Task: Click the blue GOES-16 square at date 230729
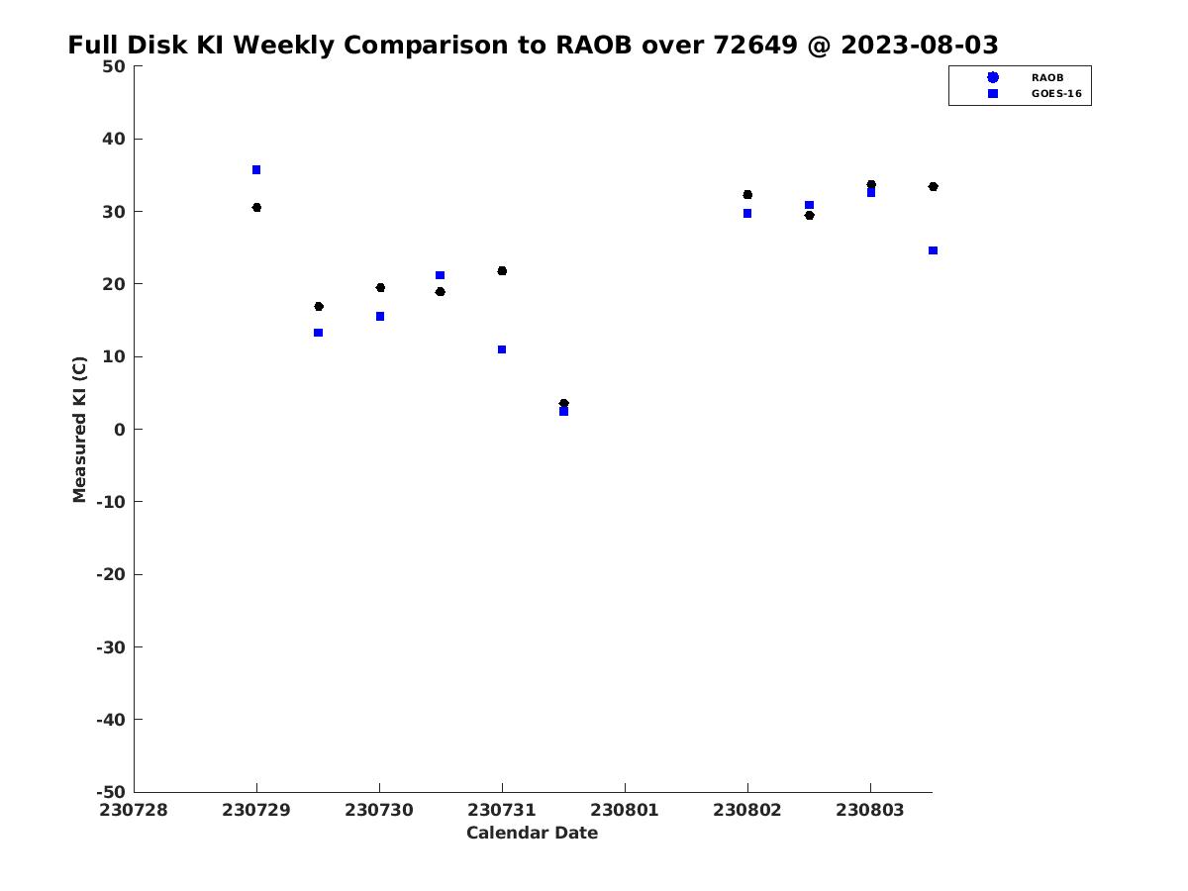[256, 170]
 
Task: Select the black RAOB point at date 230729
[256, 208]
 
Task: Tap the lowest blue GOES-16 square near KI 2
[563, 411]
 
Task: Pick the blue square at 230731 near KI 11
[502, 349]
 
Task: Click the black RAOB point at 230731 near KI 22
[502, 271]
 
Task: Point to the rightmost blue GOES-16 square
[933, 250]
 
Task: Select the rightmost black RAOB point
[933, 187]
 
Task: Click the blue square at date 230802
[747, 214]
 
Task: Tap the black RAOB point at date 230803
[871, 185]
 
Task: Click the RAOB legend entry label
[1046, 77]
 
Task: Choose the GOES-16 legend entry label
[1056, 94]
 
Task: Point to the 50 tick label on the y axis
[113, 66]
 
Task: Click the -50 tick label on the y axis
[110, 792]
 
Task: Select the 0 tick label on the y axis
[119, 430]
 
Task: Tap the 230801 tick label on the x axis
[625, 810]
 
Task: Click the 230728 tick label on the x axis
[134, 810]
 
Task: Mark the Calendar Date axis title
[532, 833]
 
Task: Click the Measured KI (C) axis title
[80, 430]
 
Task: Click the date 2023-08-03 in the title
[919, 46]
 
